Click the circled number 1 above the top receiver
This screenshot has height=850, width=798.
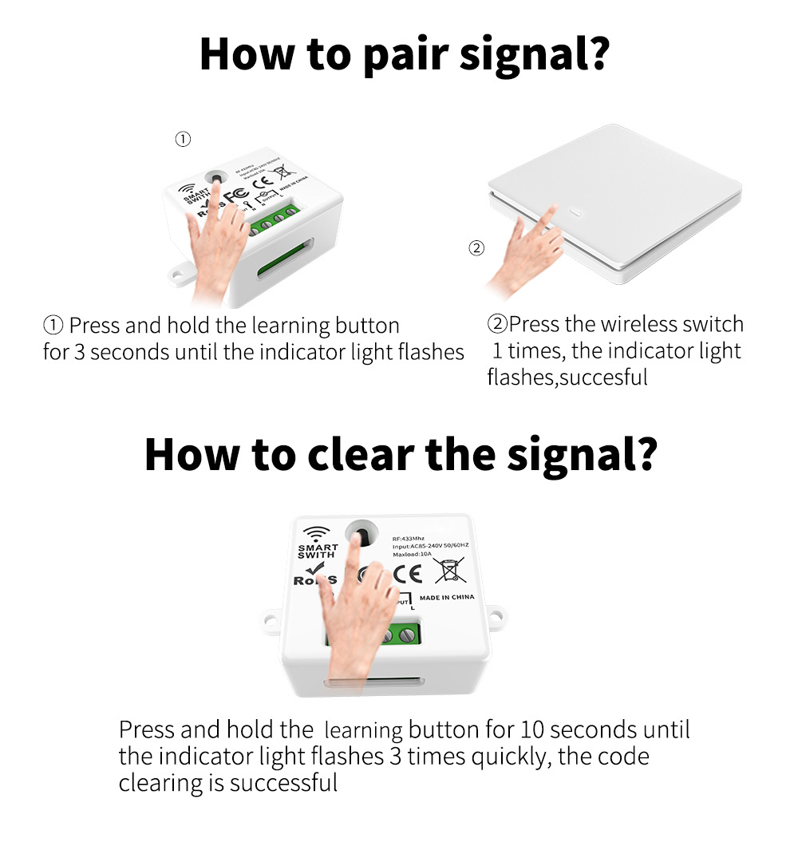coord(183,140)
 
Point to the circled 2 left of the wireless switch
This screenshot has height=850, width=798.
coord(476,248)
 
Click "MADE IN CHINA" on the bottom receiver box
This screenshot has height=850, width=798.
coord(446,597)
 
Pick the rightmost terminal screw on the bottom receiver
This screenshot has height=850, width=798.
coord(409,636)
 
